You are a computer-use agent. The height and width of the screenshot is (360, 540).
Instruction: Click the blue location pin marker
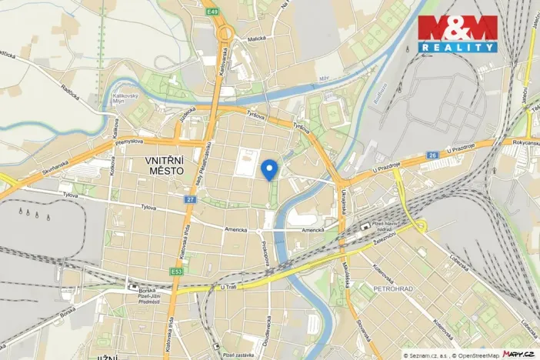(269, 168)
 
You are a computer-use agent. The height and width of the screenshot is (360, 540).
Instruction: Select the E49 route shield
(212, 12)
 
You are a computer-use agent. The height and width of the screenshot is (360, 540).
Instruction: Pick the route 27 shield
(189, 199)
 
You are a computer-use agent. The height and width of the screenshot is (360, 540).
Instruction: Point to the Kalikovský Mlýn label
(114, 100)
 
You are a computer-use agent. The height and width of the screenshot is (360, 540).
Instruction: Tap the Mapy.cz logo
(518, 353)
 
